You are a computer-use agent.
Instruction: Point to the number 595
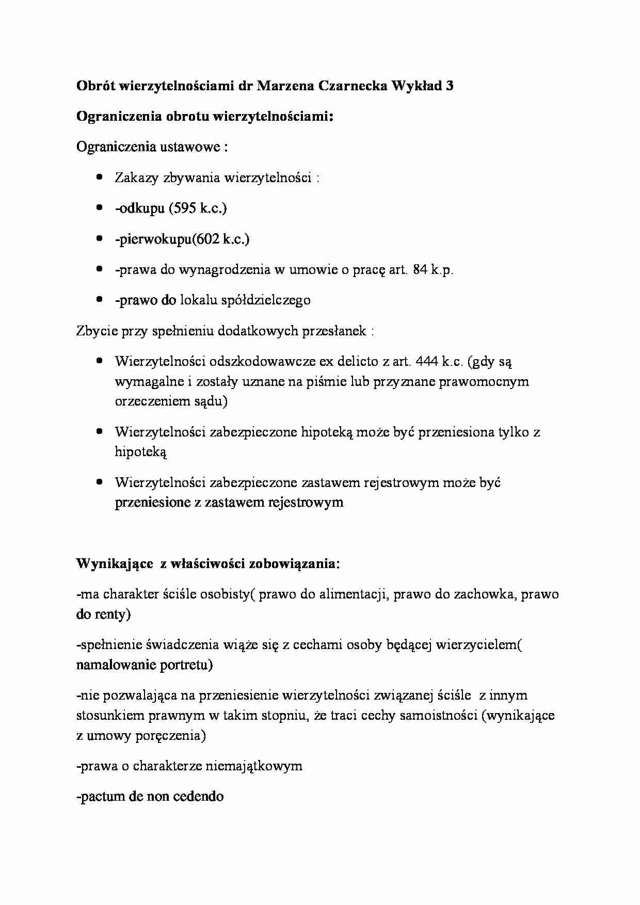pyautogui.click(x=183, y=208)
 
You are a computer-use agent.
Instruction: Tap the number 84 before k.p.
pyautogui.click(x=420, y=269)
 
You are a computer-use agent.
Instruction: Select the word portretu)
pyautogui.click(x=186, y=665)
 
